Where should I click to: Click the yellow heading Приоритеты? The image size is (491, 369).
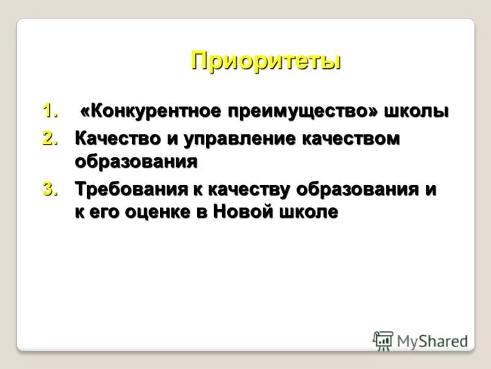[x=265, y=61]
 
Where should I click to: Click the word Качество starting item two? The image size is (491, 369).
[x=116, y=139]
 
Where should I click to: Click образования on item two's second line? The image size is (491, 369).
[x=136, y=162]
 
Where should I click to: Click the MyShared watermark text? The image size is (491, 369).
[x=432, y=341]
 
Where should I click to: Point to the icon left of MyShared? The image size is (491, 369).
[x=383, y=341]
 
